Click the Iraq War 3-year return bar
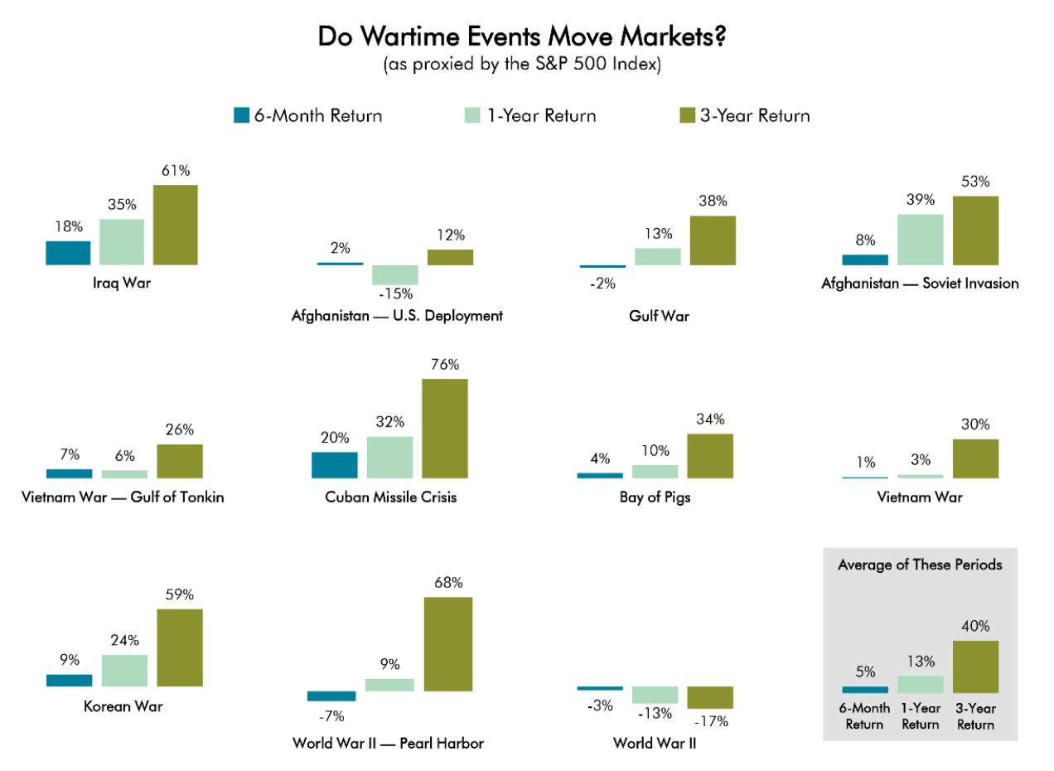click(176, 225)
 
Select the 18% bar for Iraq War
click(68, 253)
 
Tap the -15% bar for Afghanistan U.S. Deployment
click(395, 275)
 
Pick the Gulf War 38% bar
click(713, 241)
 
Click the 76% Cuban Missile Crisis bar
click(445, 429)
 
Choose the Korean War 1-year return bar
click(124, 671)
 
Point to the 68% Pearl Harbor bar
click(448, 644)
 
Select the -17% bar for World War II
click(710, 697)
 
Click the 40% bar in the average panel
click(976, 667)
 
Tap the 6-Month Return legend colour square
click(242, 116)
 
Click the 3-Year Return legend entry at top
click(745, 116)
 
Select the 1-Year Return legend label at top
click(542, 116)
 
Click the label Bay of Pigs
click(655, 497)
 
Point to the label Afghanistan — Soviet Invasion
click(921, 284)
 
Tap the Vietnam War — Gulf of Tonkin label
click(123, 497)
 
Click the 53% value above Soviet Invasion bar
click(975, 182)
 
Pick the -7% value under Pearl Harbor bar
click(331, 716)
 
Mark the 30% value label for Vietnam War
click(975, 424)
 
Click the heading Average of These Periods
click(921, 565)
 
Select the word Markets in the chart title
click(674, 36)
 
